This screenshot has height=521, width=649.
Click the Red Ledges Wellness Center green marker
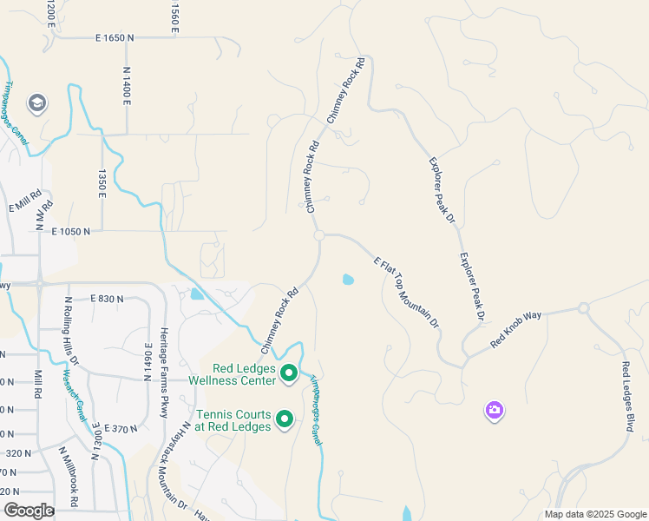tap(289, 375)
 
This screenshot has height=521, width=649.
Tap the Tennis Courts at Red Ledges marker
tap(284, 420)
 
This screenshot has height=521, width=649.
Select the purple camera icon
tap(494, 410)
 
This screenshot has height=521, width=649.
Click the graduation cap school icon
tap(36, 104)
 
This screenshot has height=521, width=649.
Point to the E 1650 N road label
tap(115, 38)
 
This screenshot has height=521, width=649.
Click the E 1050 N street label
tap(71, 232)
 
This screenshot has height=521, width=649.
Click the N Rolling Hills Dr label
tap(72, 331)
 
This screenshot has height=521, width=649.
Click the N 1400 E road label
tap(127, 86)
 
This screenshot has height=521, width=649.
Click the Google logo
tap(29, 511)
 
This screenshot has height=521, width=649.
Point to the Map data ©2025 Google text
tap(595, 514)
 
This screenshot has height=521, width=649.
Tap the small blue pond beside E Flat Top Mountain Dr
tap(348, 280)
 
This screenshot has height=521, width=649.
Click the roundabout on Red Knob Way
tap(584, 307)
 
